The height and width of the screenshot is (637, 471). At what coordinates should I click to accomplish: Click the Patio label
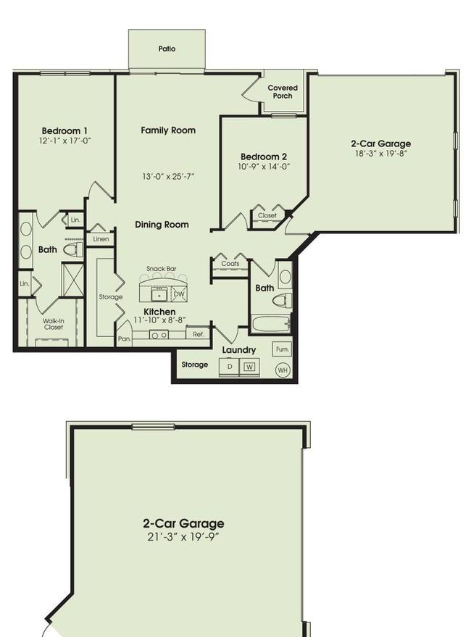click(x=167, y=49)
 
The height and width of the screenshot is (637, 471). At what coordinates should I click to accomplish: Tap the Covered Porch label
click(x=283, y=92)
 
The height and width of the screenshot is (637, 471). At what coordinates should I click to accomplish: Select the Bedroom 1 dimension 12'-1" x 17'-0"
click(x=64, y=141)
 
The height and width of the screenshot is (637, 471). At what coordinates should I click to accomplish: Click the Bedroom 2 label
click(x=264, y=157)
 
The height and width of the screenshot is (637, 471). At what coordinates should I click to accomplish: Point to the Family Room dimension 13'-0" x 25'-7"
click(x=168, y=177)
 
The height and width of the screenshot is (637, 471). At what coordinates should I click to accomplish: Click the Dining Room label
click(x=162, y=225)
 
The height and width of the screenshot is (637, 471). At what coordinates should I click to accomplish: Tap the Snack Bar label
click(x=162, y=269)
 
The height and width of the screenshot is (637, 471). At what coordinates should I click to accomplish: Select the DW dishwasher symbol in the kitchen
click(x=179, y=294)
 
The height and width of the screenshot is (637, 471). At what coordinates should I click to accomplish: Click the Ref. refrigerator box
click(x=199, y=333)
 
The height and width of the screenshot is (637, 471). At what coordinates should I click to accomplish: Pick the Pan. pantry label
click(x=125, y=338)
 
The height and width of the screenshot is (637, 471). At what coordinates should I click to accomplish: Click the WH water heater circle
click(x=283, y=370)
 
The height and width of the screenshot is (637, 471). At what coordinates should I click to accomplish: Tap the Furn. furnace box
click(x=282, y=349)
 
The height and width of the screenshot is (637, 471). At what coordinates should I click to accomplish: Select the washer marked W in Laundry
click(x=249, y=367)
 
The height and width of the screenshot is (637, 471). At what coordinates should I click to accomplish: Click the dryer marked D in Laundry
click(x=230, y=367)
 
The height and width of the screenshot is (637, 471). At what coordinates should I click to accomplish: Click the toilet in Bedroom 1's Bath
click(x=73, y=249)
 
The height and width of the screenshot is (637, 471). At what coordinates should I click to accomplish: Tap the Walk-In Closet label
click(x=54, y=324)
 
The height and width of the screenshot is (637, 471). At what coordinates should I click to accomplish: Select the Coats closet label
click(x=230, y=264)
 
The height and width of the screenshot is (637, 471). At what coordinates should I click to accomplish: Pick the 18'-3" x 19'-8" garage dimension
click(x=380, y=154)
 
